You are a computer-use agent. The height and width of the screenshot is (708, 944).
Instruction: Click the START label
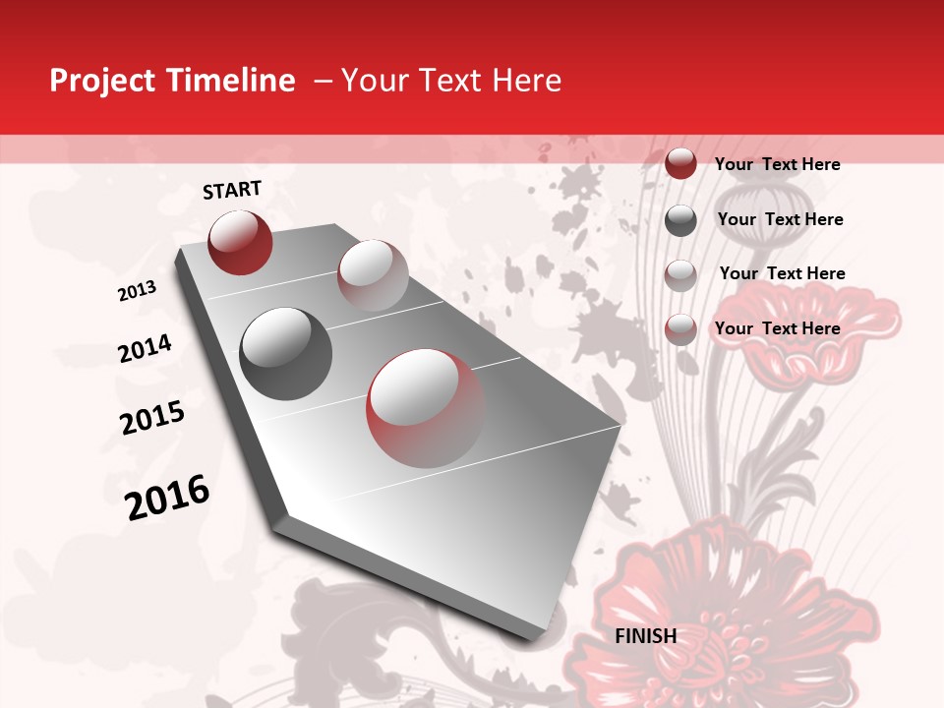(232, 190)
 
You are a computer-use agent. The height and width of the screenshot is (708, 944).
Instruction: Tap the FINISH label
(646, 636)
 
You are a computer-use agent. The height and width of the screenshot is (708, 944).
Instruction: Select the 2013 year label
(137, 291)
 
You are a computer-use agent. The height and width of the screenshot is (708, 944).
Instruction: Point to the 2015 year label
(152, 418)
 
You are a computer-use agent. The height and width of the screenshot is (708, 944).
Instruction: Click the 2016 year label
(167, 498)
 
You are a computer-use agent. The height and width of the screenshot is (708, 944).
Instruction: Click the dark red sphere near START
(240, 242)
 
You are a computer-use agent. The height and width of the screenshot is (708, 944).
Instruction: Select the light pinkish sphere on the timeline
(373, 275)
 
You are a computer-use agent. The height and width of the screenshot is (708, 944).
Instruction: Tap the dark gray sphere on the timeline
(286, 354)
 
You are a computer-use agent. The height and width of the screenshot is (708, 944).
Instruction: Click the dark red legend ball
(680, 163)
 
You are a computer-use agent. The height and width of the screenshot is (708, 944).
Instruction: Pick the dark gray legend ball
(680, 220)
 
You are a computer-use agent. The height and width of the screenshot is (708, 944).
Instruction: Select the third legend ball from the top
(680, 275)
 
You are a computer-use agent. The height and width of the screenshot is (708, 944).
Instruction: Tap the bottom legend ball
(680, 329)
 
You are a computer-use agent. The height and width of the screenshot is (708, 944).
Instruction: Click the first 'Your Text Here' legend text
(777, 164)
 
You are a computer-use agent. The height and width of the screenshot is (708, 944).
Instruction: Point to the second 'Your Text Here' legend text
(780, 219)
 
